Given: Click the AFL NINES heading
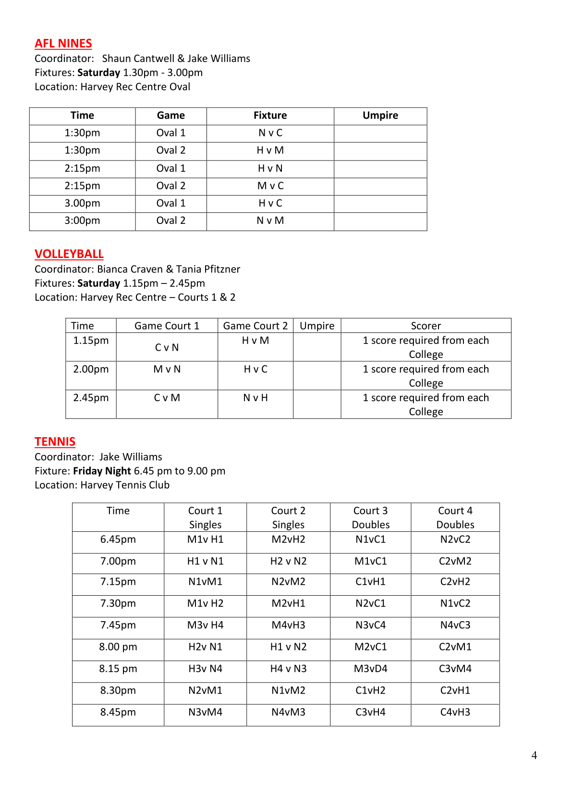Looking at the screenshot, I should [x=63, y=44].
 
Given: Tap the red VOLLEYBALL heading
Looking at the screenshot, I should [x=69, y=254].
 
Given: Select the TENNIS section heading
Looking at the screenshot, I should [x=55, y=442].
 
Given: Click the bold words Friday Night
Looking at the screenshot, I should [x=102, y=471].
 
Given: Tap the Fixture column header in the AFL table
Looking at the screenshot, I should [x=270, y=116].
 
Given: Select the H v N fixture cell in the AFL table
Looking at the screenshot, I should [x=270, y=169].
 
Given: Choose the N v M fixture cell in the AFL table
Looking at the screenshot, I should [x=270, y=221].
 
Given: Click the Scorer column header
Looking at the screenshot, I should [x=426, y=326].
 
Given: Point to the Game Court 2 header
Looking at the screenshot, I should [x=255, y=326].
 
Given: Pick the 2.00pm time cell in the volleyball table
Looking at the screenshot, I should [x=91, y=369].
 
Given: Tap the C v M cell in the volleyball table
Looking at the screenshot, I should [x=167, y=398].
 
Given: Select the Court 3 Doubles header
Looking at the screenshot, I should [x=370, y=517].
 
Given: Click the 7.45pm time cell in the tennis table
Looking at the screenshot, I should [x=118, y=625].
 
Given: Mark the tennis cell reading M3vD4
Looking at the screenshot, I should [x=370, y=669].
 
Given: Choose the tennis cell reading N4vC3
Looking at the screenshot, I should [x=455, y=625].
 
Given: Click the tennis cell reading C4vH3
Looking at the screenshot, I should [x=455, y=712].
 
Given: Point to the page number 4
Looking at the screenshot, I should [x=534, y=756].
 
